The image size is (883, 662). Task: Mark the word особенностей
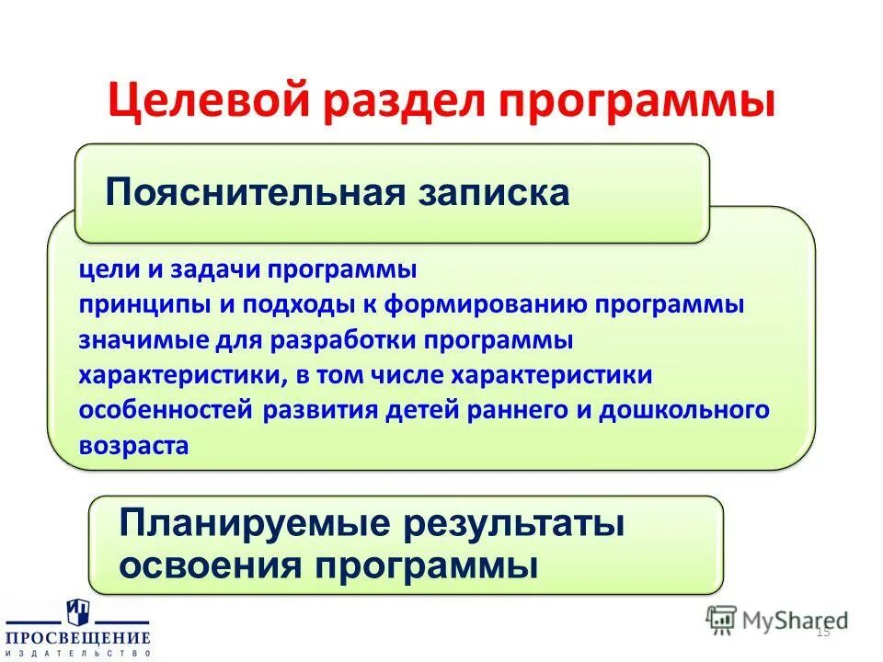166,410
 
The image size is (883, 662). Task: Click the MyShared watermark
778,619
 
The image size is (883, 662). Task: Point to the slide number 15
822,632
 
